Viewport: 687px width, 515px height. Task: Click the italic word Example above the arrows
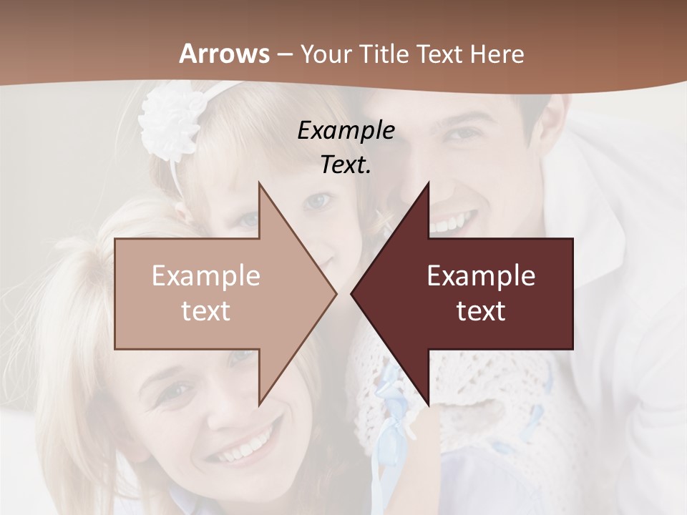(346, 131)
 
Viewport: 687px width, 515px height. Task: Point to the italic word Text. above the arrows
(346, 165)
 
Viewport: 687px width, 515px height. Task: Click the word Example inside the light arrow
(206, 276)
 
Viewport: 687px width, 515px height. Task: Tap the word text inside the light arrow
(206, 311)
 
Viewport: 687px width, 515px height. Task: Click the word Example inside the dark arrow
(481, 276)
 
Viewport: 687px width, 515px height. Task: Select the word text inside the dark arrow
(481, 311)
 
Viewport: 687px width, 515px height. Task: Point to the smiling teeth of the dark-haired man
(453, 222)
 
